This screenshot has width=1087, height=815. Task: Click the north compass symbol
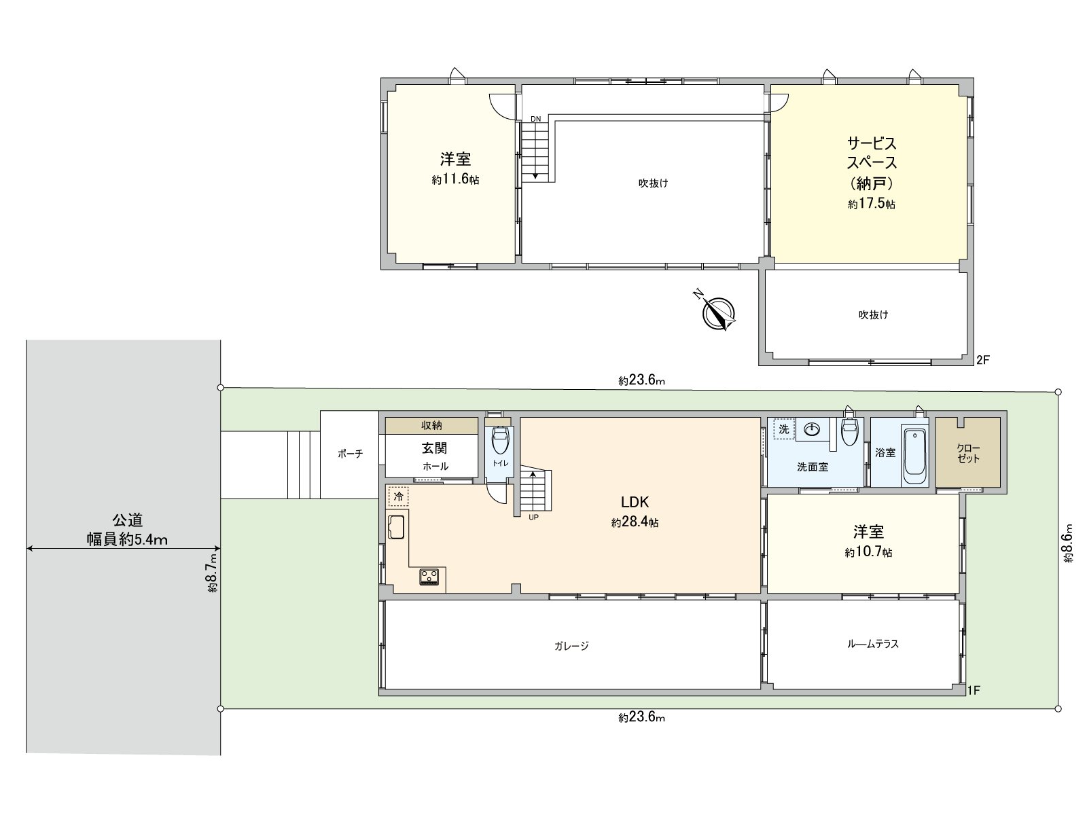click(x=717, y=312)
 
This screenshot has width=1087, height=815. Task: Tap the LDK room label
click(x=635, y=503)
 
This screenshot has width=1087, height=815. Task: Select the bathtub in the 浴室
click(x=915, y=455)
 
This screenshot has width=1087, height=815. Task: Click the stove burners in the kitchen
click(x=429, y=577)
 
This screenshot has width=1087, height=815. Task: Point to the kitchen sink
click(x=397, y=528)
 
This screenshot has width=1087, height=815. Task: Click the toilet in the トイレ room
click(x=500, y=441)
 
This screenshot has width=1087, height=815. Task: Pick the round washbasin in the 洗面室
click(x=811, y=429)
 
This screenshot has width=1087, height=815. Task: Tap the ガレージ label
click(x=571, y=646)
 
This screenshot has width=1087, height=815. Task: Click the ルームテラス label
click(x=873, y=643)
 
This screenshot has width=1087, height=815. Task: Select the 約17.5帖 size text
click(x=871, y=204)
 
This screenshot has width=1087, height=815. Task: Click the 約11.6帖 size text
click(x=455, y=180)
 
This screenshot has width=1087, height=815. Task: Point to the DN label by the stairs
click(x=536, y=120)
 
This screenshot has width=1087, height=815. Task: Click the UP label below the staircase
click(x=533, y=517)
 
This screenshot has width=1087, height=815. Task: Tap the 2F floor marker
click(x=982, y=360)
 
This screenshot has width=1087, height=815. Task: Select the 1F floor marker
click(x=973, y=691)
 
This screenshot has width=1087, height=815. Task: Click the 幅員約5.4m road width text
click(x=127, y=539)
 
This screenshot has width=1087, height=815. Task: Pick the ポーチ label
click(x=350, y=454)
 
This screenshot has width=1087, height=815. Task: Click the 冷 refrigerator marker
click(x=399, y=496)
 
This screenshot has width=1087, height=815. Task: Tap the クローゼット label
click(x=968, y=453)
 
